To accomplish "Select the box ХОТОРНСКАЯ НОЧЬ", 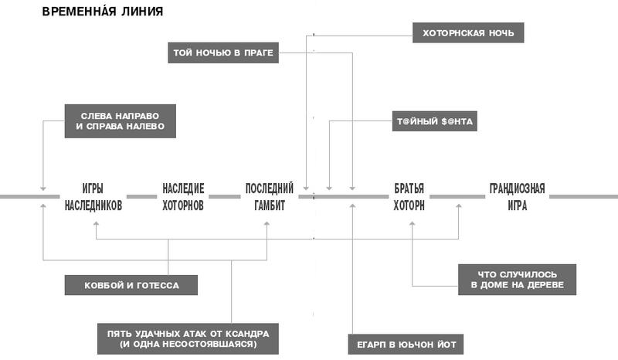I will [468, 33].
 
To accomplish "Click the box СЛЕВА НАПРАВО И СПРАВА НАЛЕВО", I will [120, 120].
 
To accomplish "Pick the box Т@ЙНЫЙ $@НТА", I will [436, 122].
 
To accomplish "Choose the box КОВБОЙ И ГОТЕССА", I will [131, 285].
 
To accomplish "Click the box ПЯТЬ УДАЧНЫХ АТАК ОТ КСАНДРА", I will [187, 338].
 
